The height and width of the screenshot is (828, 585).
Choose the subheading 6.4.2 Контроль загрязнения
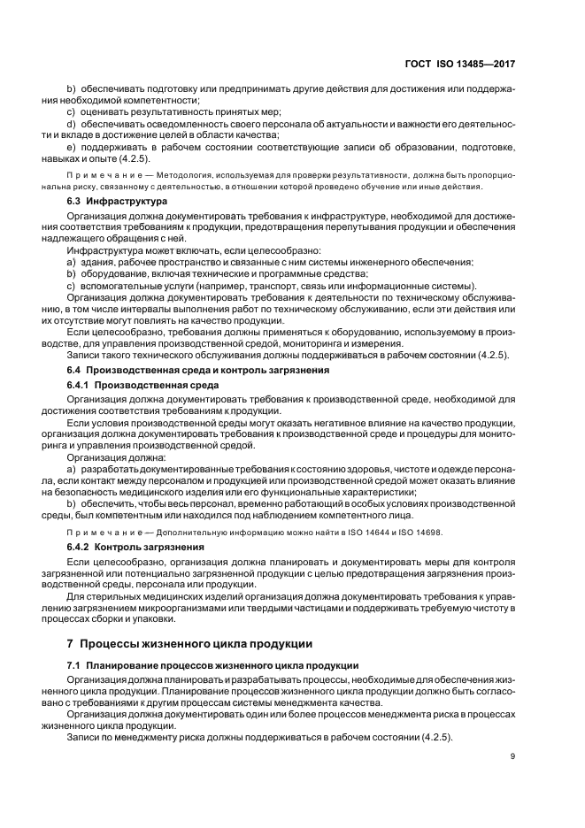131,548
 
